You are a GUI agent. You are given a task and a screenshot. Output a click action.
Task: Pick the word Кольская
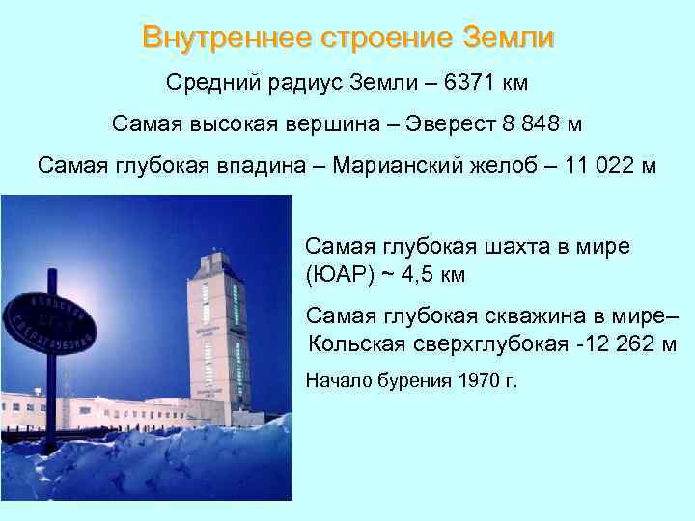[x=353, y=344]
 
